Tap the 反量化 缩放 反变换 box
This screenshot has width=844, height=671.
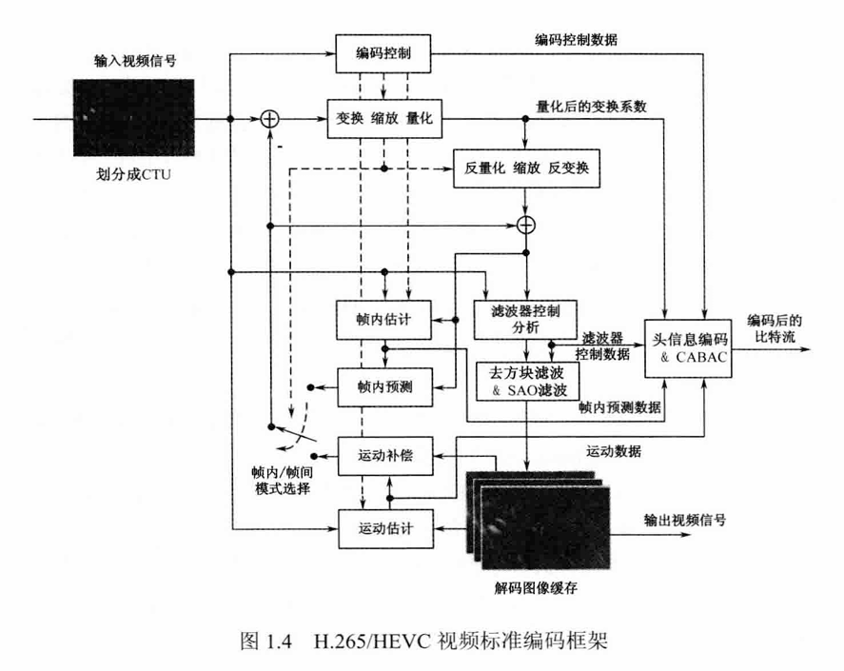point(528,168)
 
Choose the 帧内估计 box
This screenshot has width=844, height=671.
point(384,318)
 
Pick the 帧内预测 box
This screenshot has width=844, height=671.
point(384,386)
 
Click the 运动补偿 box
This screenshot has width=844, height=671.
point(384,456)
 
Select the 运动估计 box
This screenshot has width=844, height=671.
point(384,525)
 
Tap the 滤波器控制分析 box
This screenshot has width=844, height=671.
point(522,318)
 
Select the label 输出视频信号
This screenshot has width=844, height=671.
point(690,522)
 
